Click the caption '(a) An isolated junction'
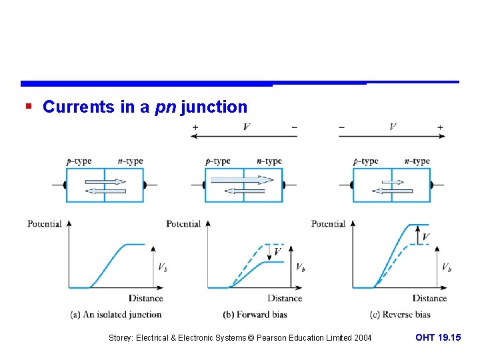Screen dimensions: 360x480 [x=116, y=314]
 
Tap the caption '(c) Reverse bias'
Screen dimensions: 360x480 [x=400, y=314]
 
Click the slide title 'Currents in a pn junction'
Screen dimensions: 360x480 [x=145, y=107]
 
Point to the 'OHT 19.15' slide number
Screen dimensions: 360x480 [x=438, y=338]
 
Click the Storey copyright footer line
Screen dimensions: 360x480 [x=240, y=338]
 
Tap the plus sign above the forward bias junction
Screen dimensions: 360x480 [x=195, y=127]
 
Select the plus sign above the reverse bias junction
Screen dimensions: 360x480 [x=440, y=127]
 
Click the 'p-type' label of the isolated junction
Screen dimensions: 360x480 [x=79, y=161]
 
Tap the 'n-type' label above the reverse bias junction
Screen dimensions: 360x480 [x=417, y=161]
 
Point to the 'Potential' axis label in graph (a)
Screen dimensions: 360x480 [x=45, y=224]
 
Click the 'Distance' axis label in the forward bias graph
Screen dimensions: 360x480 [x=285, y=298]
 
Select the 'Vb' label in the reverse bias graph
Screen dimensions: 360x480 [x=446, y=267]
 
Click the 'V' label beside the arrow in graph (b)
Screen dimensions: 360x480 [x=277, y=251]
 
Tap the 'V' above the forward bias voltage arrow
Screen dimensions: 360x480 [x=247, y=127]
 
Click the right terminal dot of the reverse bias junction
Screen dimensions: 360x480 [x=431, y=185]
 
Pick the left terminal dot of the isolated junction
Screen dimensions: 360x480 [x=65, y=185]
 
